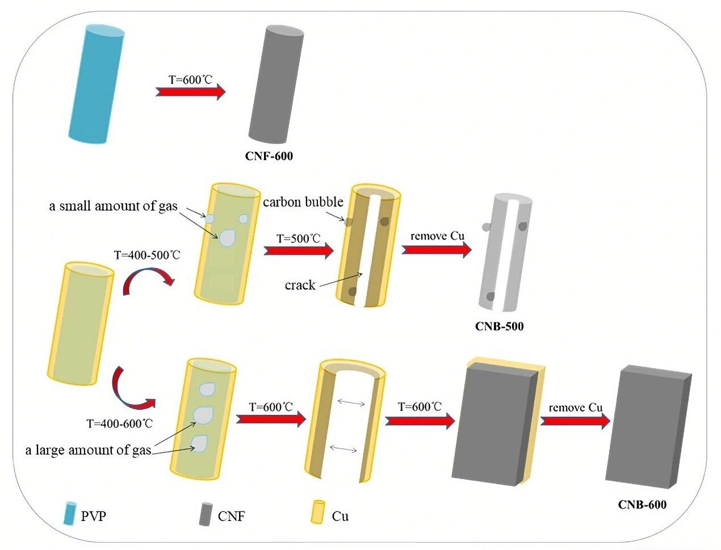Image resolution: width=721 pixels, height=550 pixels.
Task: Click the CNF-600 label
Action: [269, 156]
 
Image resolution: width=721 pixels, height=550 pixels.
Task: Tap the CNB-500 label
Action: [499, 326]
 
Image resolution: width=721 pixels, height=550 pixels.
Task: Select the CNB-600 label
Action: [642, 505]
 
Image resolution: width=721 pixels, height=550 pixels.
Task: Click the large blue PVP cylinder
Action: [97, 84]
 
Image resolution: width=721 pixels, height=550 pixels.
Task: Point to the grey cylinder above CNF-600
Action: [276, 84]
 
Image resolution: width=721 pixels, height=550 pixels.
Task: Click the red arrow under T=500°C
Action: [299, 250]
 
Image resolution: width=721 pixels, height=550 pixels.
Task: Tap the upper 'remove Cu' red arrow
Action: [437, 250]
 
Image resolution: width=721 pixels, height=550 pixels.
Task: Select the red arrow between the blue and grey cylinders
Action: [191, 91]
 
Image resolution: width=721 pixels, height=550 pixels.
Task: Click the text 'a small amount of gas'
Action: [114, 206]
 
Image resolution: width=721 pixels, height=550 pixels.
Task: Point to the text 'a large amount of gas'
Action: [88, 450]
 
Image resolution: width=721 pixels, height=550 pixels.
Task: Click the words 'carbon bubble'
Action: [303, 201]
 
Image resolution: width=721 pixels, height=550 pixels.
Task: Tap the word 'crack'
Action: [300, 285]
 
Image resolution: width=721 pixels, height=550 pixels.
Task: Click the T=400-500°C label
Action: [147, 255]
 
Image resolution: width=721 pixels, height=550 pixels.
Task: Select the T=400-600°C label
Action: [120, 423]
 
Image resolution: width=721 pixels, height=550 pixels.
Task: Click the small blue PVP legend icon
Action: [70, 513]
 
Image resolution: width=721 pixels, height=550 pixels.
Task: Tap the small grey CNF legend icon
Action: [206, 514]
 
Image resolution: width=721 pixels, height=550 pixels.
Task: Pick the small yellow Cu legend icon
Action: [317, 511]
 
